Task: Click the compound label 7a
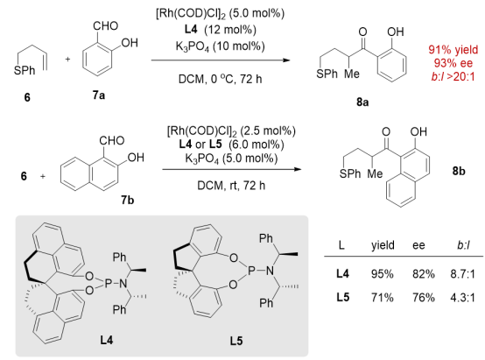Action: coord(99,95)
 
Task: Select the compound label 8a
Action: coord(362,102)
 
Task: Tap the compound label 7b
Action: coord(128,201)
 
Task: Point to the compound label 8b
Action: coord(459,171)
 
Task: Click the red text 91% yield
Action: coord(453,50)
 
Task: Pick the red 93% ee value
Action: coord(453,63)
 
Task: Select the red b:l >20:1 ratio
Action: coord(453,76)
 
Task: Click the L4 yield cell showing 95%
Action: coord(383,274)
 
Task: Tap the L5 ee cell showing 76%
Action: coord(424,298)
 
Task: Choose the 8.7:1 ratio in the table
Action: coord(463,274)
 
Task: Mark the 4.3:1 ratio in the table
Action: coord(463,298)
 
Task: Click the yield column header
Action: coord(383,245)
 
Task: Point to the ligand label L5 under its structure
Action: coord(236,341)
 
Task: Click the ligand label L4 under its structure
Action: coord(107,340)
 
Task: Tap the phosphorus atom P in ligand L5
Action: coord(252,272)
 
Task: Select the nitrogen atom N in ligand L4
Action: coord(123,283)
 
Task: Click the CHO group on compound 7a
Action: coord(105,26)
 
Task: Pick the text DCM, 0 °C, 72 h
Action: coord(220,79)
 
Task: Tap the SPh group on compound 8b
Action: coord(350,173)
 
